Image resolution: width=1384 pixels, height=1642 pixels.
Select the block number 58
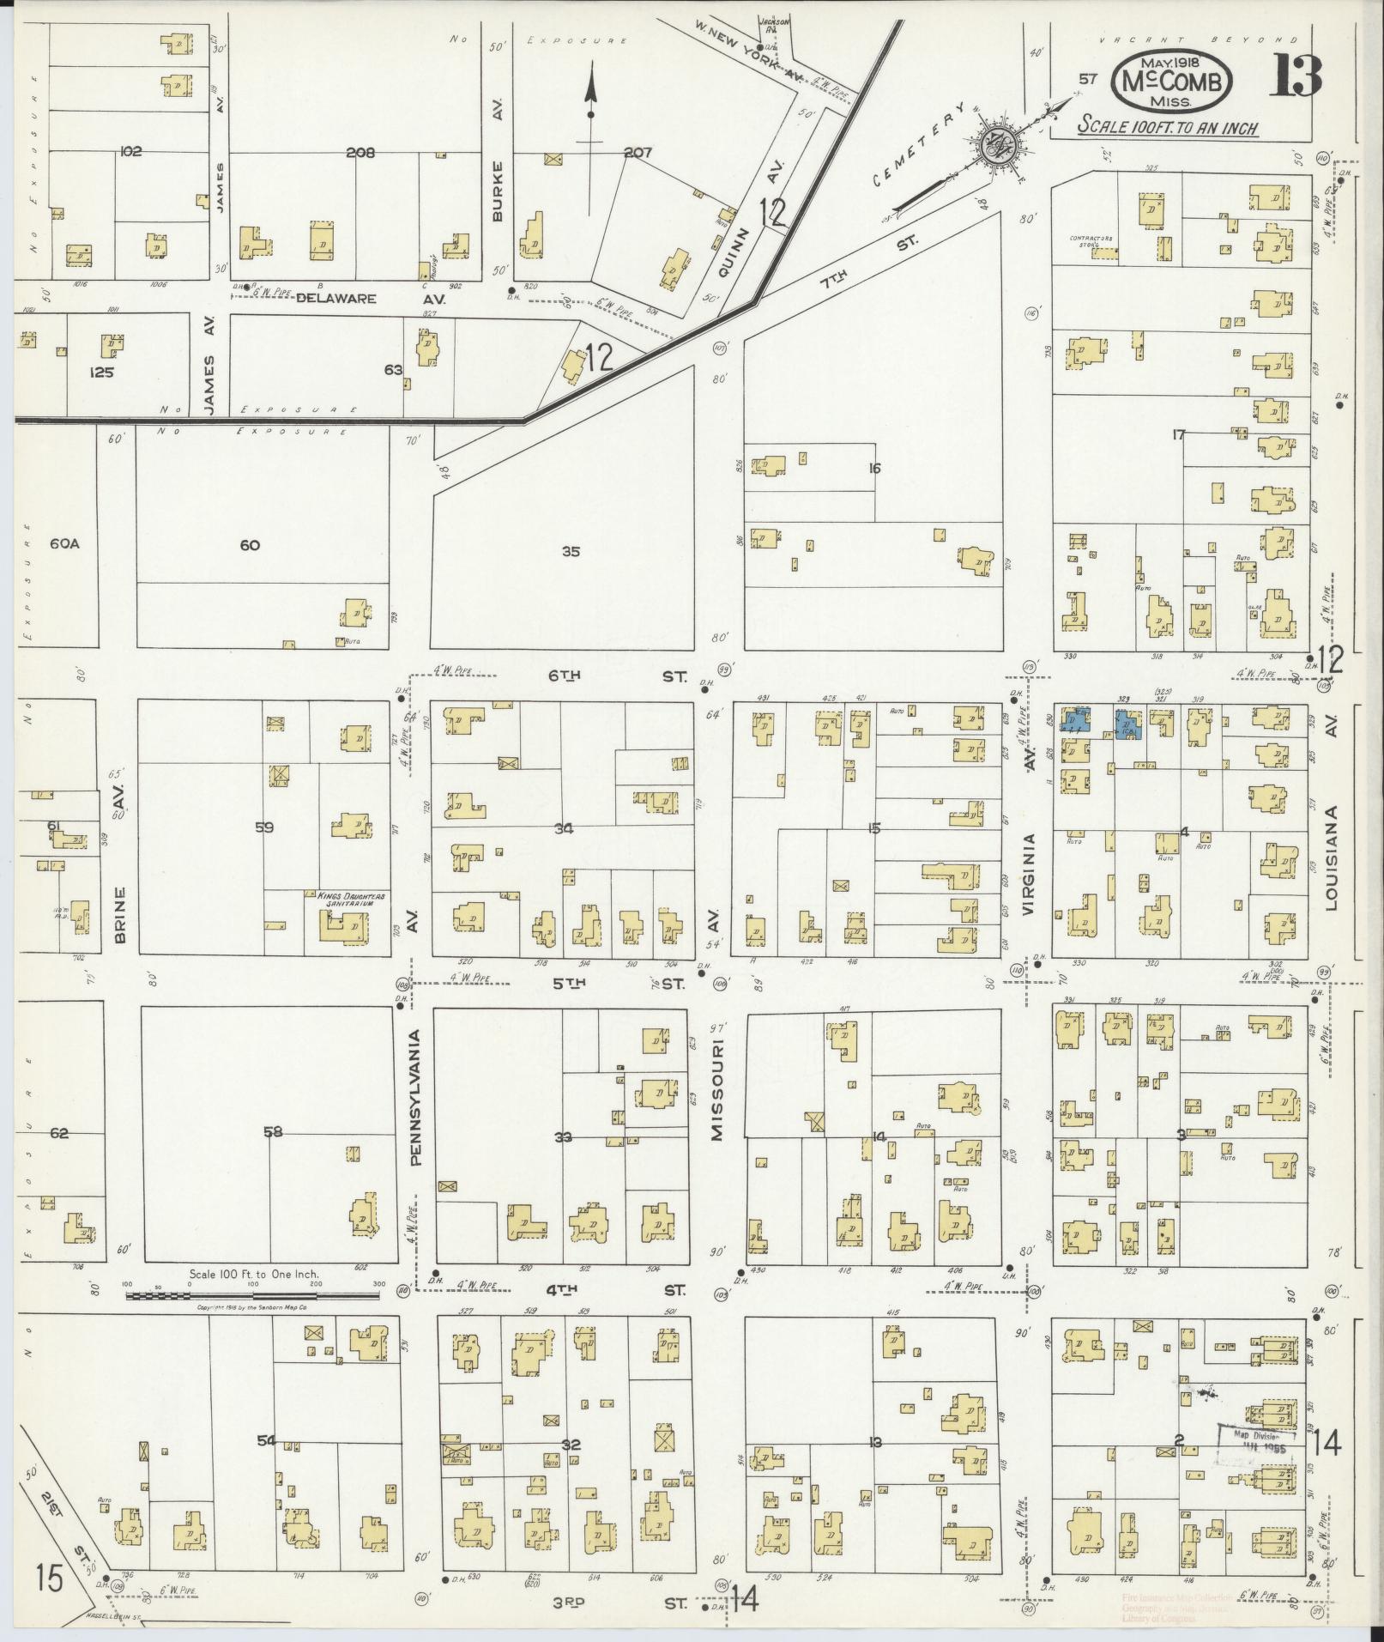click(273, 1132)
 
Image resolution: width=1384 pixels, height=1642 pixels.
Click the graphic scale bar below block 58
click(255, 1295)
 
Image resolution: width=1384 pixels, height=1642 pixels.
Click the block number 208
click(360, 153)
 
